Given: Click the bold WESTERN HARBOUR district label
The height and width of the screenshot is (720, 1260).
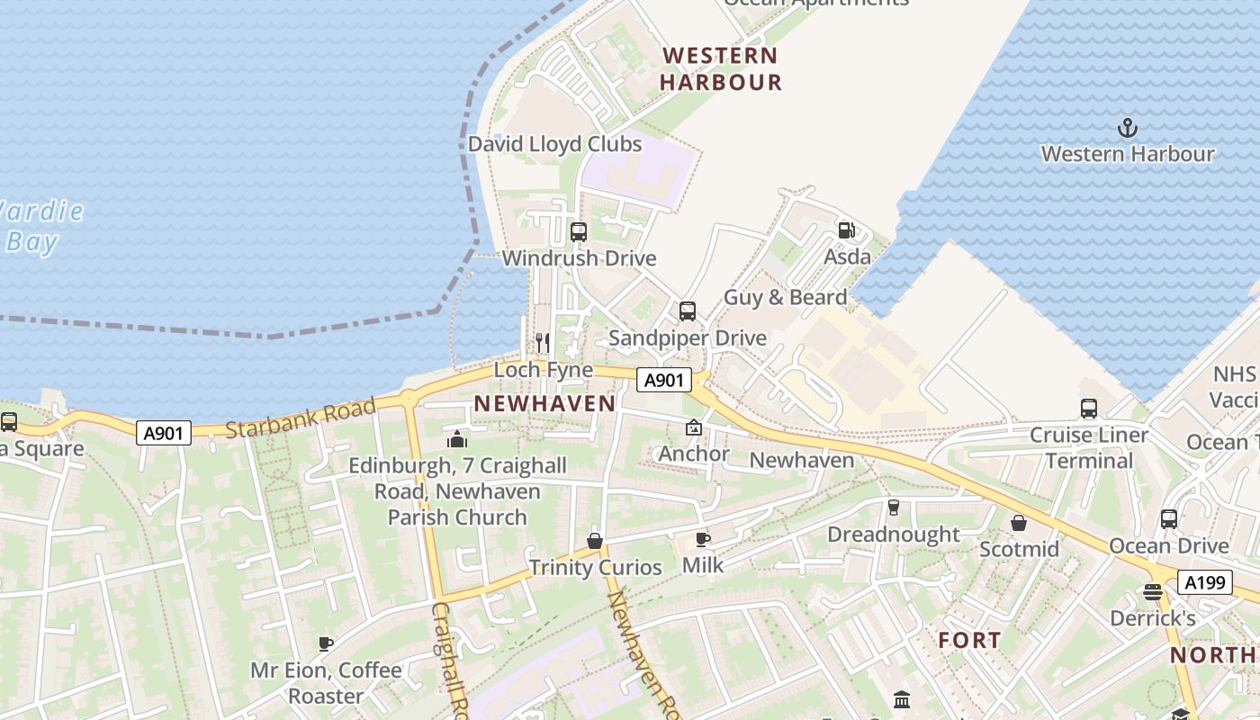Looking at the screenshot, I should click(720, 68).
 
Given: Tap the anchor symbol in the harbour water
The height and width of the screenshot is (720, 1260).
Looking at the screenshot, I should click(1126, 128).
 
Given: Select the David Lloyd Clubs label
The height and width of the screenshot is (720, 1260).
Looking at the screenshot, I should click(554, 144).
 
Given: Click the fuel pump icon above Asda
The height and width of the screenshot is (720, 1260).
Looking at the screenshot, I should click(846, 230).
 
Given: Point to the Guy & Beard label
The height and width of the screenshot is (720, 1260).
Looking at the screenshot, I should click(786, 297).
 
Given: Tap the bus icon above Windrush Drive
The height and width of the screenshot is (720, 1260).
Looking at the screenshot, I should click(579, 232).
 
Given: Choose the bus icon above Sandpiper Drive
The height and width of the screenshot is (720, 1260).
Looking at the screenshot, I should click(688, 311).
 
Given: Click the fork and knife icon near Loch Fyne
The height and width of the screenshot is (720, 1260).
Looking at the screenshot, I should click(543, 342).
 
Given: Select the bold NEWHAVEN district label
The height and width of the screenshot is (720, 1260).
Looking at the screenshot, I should click(544, 403).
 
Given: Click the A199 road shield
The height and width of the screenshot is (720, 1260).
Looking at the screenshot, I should click(1204, 582).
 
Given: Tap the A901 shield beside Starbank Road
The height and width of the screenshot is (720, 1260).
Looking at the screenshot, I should click(165, 433).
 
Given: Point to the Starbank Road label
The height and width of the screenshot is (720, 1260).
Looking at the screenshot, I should click(300, 419).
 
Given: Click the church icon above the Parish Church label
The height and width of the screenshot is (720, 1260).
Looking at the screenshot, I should click(457, 440).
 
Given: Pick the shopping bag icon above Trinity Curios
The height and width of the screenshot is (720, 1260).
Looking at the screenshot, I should click(595, 541).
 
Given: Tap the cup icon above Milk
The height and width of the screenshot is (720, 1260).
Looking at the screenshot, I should click(703, 539).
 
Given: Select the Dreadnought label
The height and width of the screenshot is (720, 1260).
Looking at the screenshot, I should click(894, 535).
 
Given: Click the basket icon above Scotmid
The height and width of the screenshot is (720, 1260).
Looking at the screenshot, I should click(1019, 523).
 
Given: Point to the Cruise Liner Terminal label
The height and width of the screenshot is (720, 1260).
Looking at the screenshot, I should click(1089, 448).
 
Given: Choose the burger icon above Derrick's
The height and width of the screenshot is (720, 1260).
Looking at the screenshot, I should click(1153, 592).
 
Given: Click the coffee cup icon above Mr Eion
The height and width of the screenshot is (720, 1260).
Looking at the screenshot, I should click(326, 643).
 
